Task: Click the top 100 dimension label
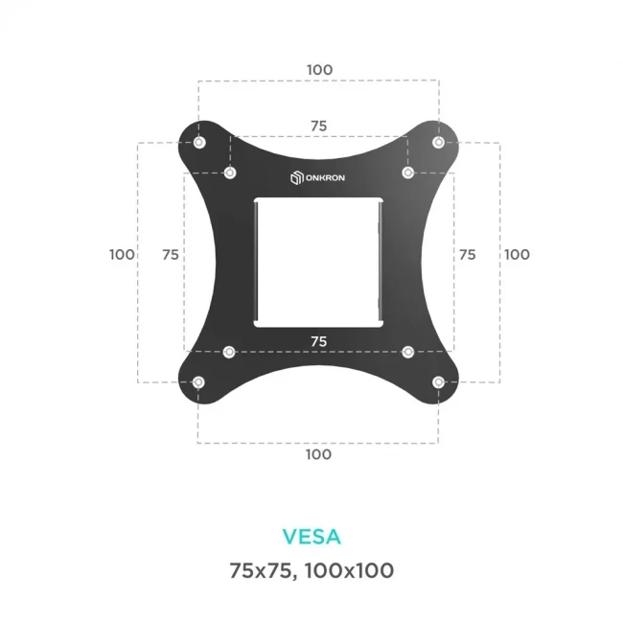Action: pyautogui.click(x=319, y=70)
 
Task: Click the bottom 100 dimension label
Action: pyautogui.click(x=319, y=453)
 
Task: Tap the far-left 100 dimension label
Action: pyautogui.click(x=122, y=254)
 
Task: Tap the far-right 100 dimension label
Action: pyautogui.click(x=517, y=254)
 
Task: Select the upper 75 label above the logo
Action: pyautogui.click(x=318, y=126)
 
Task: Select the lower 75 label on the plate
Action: pyautogui.click(x=318, y=340)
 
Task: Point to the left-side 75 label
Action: pyautogui.click(x=171, y=254)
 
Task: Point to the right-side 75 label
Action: pyautogui.click(x=467, y=254)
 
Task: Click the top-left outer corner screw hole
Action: pyautogui.click(x=198, y=143)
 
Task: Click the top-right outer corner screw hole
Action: pyautogui.click(x=438, y=143)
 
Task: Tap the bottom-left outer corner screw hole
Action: pyautogui.click(x=198, y=382)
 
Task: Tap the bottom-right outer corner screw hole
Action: pyautogui.click(x=438, y=382)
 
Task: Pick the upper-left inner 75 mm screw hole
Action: pyautogui.click(x=230, y=173)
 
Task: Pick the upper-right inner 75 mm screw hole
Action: pyautogui.click(x=407, y=173)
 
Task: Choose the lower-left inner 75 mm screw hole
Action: pyautogui.click(x=229, y=352)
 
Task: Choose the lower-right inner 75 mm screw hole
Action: pyautogui.click(x=407, y=352)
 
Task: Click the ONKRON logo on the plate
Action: pyautogui.click(x=318, y=177)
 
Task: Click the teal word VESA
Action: pyautogui.click(x=311, y=535)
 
